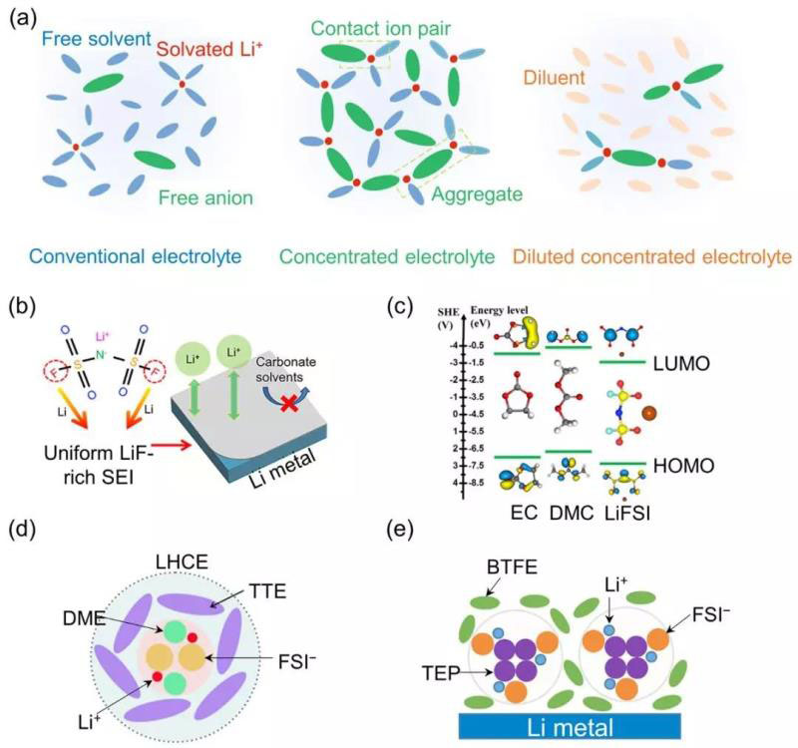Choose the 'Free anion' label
pyautogui.click(x=199, y=198)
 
